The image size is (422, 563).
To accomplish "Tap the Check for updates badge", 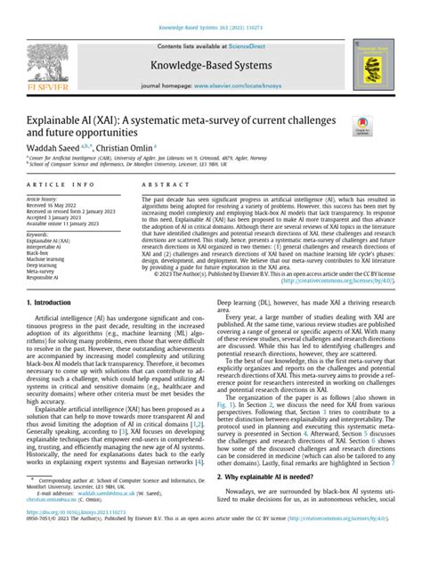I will [364, 127].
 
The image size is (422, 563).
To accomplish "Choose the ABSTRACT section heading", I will [157, 184].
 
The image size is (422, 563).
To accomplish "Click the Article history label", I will [41, 199].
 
